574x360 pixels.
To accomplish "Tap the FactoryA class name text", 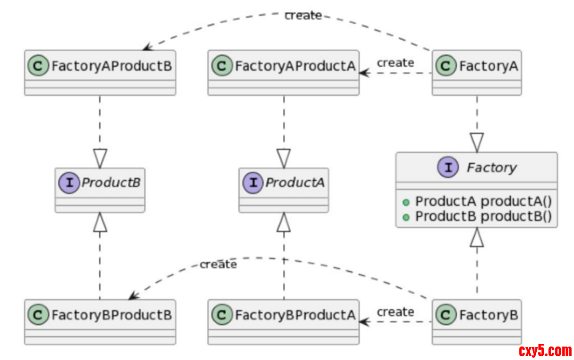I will coord(488,66).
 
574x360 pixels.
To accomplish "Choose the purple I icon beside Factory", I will coord(448,168).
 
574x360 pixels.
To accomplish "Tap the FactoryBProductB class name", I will coord(111,315).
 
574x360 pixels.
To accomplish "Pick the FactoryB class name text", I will coord(488,315).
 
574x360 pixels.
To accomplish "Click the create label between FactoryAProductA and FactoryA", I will coord(395,63).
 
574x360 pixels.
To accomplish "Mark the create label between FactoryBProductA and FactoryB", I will coord(395,312).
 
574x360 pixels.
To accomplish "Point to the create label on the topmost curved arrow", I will coord(303,15).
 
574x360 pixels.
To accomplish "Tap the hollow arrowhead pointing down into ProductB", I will coord(100,158).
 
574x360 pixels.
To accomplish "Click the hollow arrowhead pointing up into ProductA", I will coord(284,223).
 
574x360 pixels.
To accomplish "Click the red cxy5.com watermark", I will coord(545,350).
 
